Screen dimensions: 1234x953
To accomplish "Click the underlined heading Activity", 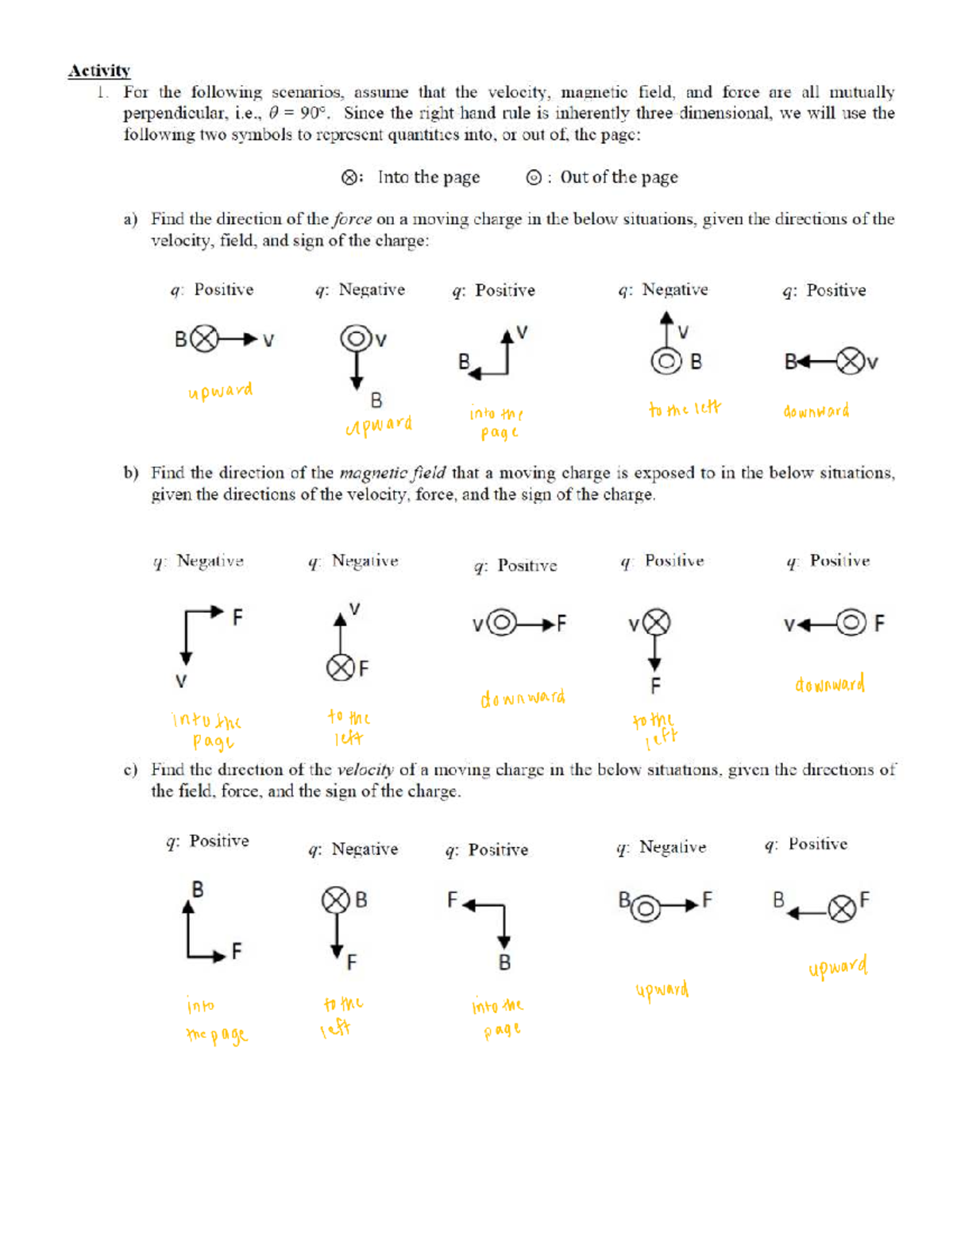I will pos(98,71).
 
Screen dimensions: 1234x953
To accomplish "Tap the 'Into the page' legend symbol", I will pos(349,178).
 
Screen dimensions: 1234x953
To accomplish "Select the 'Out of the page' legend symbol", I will pos(534,178).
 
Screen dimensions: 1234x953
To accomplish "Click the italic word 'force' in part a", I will pos(352,219).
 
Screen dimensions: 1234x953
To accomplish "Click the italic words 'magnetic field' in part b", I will pos(392,474).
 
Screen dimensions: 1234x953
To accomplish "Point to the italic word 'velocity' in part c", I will pos(365,770).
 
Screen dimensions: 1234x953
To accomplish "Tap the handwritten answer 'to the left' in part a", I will pos(685,408).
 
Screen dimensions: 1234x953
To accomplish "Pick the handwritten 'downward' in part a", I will pos(816,412).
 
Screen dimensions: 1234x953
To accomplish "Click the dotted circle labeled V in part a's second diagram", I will pos(356,338).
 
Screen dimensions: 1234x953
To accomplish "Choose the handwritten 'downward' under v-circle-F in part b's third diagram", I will pos(523,698).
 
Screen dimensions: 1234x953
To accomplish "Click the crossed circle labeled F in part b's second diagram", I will pos(340,667).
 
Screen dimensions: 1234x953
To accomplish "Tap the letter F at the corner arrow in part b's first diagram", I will pos(237,617).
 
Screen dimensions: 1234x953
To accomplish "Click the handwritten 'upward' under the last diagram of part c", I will pos(838,967).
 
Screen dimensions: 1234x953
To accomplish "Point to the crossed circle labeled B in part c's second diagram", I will pos(335,900).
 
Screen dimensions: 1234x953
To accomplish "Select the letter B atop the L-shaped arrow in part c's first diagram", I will pos(198,889).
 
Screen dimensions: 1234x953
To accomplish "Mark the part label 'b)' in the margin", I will pos(131,474).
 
